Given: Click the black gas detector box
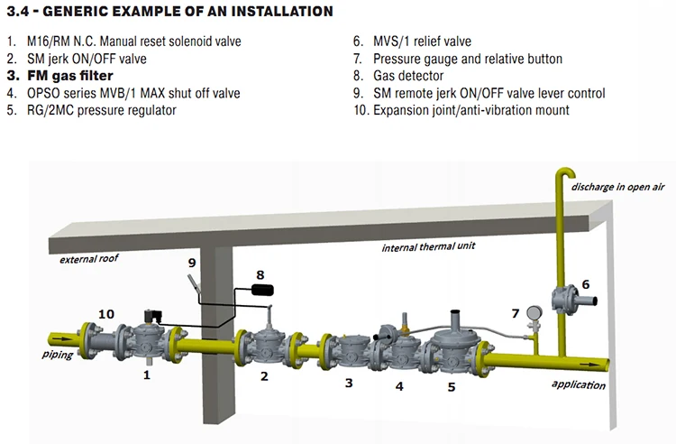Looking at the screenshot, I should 261,291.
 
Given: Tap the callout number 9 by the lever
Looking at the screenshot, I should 191,262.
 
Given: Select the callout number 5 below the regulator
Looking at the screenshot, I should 452,387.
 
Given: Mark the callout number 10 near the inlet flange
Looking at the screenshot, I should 107,313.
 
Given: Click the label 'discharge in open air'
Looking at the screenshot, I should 618,187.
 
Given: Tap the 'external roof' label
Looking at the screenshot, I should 88,259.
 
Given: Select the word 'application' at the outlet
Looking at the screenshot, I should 579,385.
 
